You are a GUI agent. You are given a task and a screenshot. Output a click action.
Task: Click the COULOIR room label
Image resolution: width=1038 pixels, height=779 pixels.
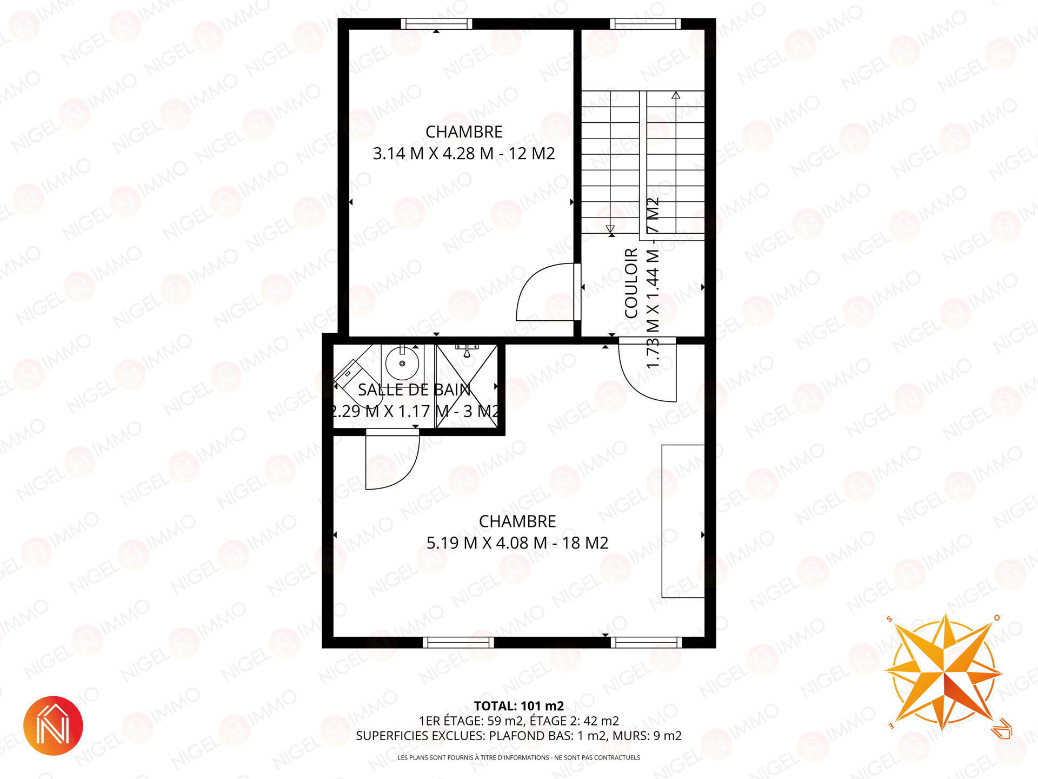click(x=631, y=283)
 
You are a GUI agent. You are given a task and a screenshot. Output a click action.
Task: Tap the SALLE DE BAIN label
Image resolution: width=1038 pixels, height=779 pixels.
click(x=414, y=389)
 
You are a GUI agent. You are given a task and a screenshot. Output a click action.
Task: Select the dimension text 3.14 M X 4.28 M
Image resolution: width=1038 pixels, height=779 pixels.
click(x=433, y=154)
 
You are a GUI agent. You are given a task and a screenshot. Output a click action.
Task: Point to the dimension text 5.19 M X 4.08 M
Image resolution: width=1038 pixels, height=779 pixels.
click(x=487, y=543)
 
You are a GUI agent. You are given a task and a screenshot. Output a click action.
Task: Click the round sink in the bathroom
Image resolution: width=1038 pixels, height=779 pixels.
click(x=402, y=364)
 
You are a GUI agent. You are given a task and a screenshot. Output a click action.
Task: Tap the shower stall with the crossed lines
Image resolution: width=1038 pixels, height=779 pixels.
click(x=467, y=386)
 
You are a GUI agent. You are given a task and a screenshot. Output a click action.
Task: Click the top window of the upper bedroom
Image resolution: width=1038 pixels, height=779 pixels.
click(x=436, y=24)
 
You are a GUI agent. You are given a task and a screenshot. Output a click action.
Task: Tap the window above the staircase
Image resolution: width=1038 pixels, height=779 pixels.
click(x=646, y=24)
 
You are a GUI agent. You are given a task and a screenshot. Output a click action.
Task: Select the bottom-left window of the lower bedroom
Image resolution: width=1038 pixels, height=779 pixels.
click(x=458, y=642)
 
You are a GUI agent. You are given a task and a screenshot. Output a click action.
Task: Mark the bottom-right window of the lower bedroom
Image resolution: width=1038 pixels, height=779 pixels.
click(x=647, y=642)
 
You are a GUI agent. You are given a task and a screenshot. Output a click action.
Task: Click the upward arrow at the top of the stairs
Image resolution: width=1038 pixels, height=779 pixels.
click(x=676, y=95)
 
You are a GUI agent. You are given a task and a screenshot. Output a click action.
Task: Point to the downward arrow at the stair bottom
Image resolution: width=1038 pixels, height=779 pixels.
click(x=610, y=229)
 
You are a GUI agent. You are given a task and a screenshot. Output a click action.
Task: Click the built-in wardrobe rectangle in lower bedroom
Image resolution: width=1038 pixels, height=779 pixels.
click(x=683, y=521)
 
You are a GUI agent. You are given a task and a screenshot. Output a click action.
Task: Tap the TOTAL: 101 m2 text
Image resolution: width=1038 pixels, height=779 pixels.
click(x=519, y=706)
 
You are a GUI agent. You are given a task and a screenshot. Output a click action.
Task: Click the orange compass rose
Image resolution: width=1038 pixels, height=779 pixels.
click(x=944, y=672)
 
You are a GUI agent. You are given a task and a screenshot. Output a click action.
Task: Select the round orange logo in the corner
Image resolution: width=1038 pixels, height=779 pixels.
click(x=53, y=725)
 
